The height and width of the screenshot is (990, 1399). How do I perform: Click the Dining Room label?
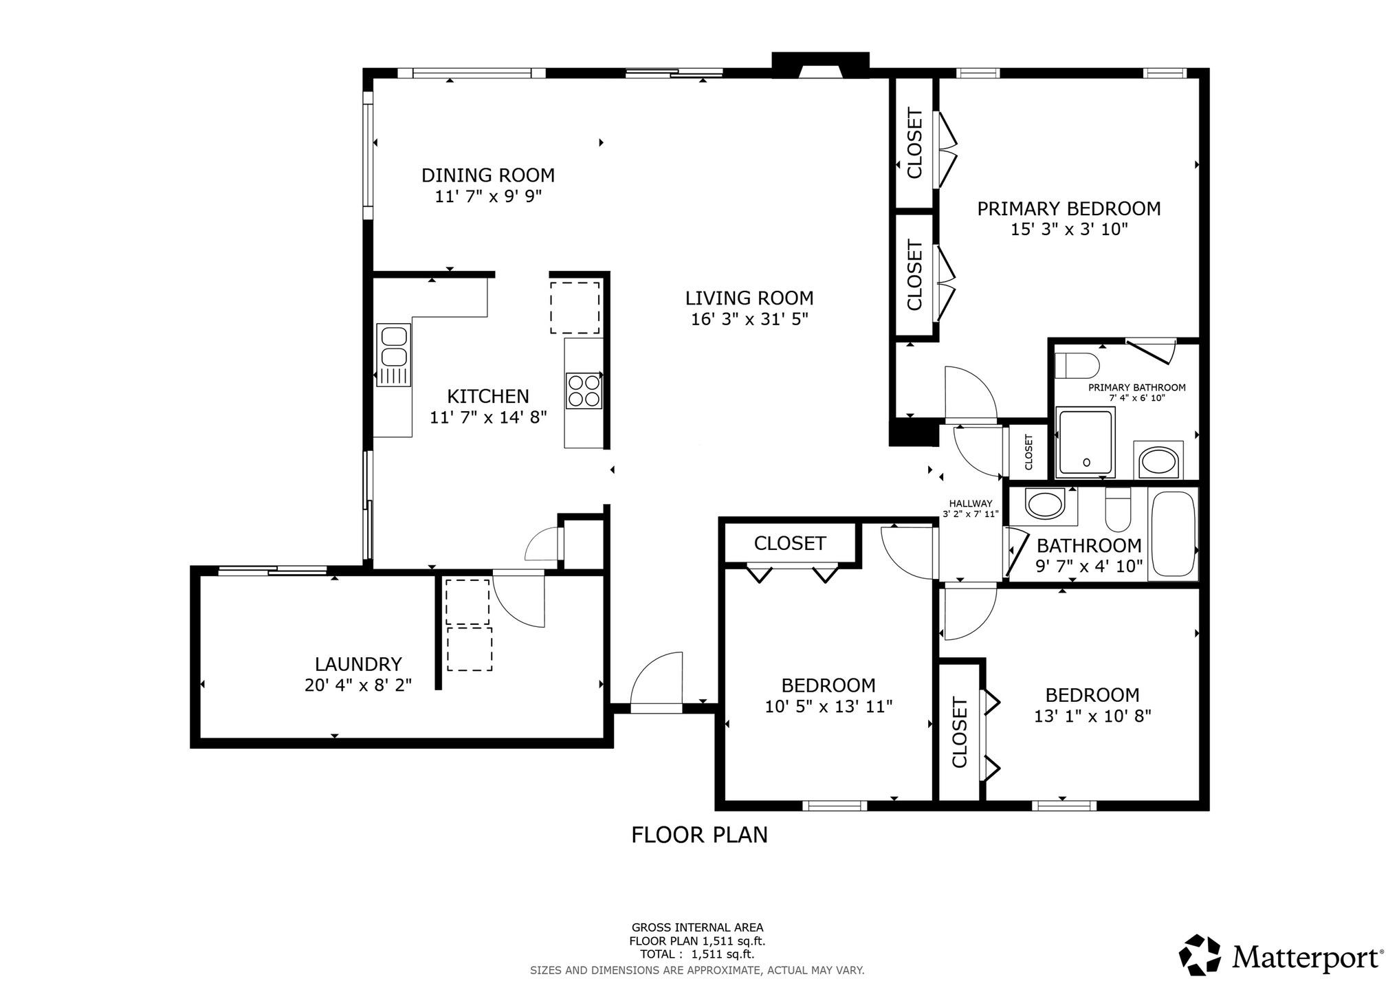487,175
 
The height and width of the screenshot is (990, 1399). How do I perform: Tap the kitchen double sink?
393,347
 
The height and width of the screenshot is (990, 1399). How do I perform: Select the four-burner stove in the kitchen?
584,390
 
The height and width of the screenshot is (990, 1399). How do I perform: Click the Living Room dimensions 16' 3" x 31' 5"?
749,319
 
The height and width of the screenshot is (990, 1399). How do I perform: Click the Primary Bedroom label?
1068,208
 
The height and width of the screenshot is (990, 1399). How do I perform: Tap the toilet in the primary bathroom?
1077,364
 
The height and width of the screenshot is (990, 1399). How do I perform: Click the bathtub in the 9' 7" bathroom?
1174,533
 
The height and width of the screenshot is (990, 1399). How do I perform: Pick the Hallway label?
970,503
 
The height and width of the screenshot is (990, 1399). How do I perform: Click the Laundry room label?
357,664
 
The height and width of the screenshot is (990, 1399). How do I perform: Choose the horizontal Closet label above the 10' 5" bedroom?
789,543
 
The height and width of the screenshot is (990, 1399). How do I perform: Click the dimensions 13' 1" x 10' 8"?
1092,716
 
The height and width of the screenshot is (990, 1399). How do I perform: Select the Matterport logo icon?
1200,954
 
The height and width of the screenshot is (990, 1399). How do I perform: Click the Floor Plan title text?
699,835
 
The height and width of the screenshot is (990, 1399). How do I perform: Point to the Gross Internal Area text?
697,927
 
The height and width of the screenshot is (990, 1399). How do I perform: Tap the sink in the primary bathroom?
1158,461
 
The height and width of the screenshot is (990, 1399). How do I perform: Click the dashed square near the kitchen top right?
575,307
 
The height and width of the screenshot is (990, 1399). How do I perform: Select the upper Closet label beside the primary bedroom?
914,143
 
